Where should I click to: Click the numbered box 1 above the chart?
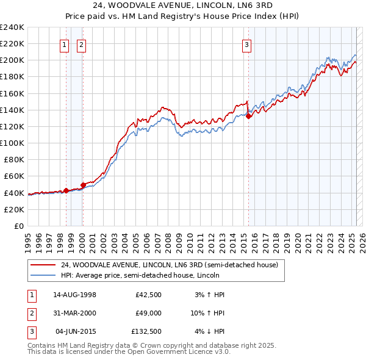pos(65,44)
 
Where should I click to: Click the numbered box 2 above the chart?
pos(81,44)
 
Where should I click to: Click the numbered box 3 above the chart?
pos(246,44)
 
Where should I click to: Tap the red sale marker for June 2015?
pos(248,117)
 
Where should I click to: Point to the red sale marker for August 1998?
pos(66,190)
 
